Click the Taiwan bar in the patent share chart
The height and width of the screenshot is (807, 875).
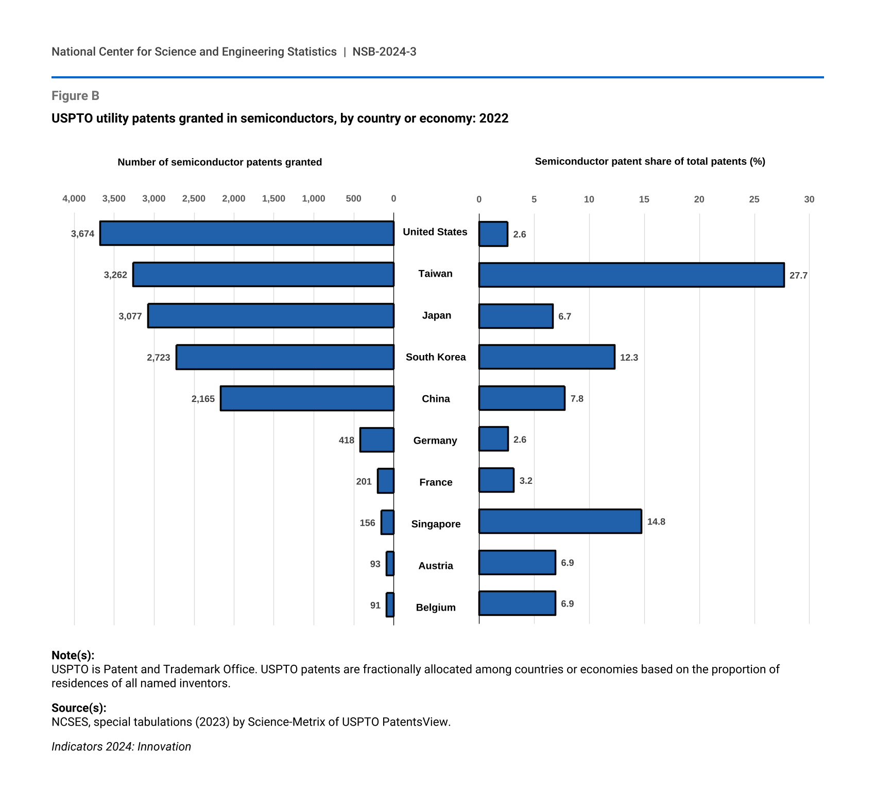pyautogui.click(x=631, y=275)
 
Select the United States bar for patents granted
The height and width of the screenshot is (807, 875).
pyautogui.click(x=247, y=233)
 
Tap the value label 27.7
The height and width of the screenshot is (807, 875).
pyautogui.click(x=798, y=275)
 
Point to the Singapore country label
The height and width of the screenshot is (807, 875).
pyautogui.click(x=436, y=524)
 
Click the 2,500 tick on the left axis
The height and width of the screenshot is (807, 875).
pyautogui.click(x=194, y=199)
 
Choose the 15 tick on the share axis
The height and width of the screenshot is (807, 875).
pyautogui.click(x=644, y=199)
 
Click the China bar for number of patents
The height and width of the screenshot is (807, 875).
pyautogui.click(x=307, y=398)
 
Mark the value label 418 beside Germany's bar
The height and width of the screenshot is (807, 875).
pyautogui.click(x=347, y=440)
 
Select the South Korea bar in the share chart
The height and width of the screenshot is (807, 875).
pyautogui.click(x=546, y=357)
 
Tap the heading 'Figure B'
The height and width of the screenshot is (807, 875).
pyautogui.click(x=75, y=96)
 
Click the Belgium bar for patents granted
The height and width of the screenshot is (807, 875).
pyautogui.click(x=390, y=605)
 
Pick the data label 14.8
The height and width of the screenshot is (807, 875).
pyautogui.click(x=656, y=522)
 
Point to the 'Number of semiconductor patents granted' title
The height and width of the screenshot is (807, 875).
pyautogui.click(x=220, y=162)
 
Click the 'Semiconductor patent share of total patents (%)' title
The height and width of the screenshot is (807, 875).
pyautogui.click(x=650, y=161)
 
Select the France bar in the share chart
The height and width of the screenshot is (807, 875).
pyautogui.click(x=496, y=480)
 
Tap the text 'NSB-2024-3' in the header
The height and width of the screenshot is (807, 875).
pyautogui.click(x=384, y=52)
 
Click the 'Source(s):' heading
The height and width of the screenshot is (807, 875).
pyautogui.click(x=79, y=708)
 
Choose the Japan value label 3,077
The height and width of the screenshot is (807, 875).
pyautogui.click(x=130, y=316)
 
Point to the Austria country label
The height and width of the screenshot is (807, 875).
pyautogui.click(x=436, y=566)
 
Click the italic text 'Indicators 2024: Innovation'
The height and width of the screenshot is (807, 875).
pyautogui.click(x=121, y=747)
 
